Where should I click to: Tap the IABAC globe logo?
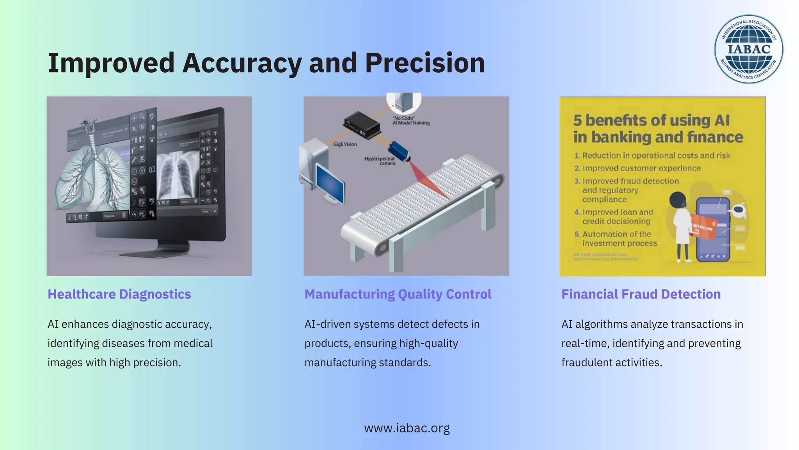point(749,49)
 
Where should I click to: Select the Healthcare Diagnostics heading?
point(119,294)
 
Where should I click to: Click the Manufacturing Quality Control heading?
point(398,294)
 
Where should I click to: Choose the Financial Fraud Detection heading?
point(641,294)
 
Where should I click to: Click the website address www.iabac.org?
point(407,428)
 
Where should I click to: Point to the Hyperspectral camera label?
point(380,161)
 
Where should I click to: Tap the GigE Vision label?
point(345,144)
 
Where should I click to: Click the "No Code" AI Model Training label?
point(411,120)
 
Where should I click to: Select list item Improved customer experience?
point(641,168)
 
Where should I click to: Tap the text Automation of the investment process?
point(619,239)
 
